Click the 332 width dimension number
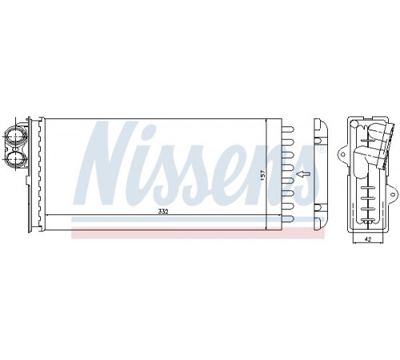coord(163,211)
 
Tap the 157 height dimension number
coord(262,176)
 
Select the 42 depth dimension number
coord(368,240)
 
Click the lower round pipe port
coord(14,159)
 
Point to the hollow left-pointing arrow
coord(303,174)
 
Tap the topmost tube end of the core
coord(288,130)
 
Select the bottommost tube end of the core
coord(288,218)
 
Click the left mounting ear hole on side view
coord(343,154)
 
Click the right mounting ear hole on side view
coord(392,194)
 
